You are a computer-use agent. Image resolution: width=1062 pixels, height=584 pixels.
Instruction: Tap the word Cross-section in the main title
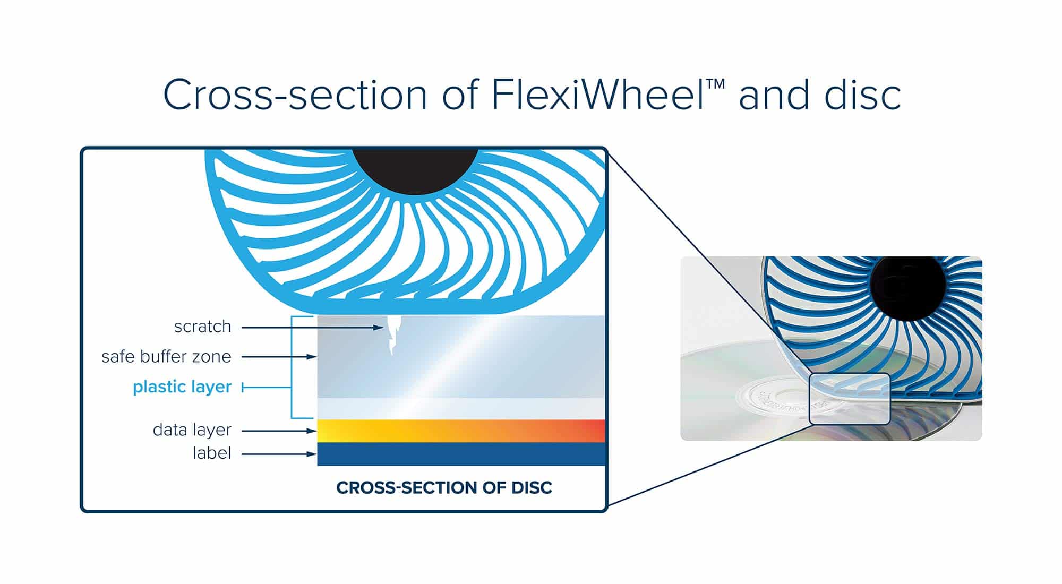tap(295, 95)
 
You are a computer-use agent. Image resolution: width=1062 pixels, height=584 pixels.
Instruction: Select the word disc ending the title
tap(861, 95)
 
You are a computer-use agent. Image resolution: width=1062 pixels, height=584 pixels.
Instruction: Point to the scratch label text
tap(202, 326)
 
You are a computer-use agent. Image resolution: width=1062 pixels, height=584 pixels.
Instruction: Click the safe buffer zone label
tap(166, 356)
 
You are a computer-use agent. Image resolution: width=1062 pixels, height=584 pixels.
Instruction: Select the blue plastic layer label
tap(182, 387)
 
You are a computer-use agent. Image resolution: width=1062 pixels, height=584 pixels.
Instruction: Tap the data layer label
tap(192, 430)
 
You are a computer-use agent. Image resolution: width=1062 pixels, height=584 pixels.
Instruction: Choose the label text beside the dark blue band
tap(212, 453)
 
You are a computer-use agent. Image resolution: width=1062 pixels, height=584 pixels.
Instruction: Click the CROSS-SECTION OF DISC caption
tap(444, 487)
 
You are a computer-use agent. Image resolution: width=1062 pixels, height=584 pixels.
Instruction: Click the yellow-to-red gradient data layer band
tap(461, 431)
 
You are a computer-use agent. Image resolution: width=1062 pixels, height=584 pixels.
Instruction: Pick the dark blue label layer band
tap(461, 454)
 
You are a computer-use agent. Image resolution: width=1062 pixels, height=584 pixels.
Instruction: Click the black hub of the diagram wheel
tap(415, 167)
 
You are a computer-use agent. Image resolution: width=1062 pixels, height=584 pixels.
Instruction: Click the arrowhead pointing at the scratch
tap(378, 328)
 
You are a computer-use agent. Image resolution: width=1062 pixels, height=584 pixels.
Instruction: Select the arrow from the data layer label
tap(279, 431)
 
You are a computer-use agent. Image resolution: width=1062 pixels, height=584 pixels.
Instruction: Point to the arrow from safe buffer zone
tap(279, 357)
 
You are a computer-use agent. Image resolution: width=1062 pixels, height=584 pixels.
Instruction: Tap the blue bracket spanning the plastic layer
tap(292, 367)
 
